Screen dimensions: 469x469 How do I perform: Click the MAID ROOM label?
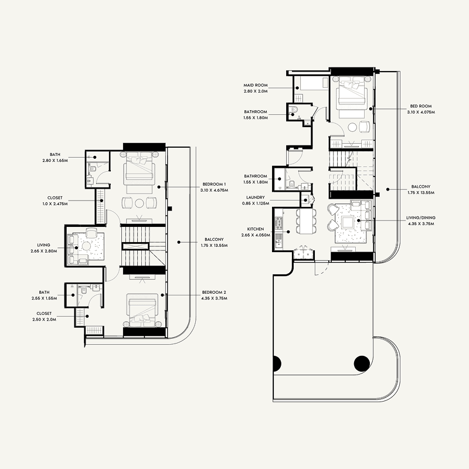tap(256, 85)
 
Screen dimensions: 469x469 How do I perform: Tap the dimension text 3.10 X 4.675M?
tap(214, 190)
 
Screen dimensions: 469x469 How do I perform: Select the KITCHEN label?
tap(256, 229)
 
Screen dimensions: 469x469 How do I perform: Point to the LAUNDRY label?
tap(256, 198)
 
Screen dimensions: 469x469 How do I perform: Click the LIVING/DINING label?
tap(421, 217)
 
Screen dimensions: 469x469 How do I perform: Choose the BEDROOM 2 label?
tap(214, 292)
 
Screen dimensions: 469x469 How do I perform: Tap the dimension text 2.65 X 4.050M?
tap(256, 235)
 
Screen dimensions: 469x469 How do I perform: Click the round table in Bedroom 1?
tap(140, 203)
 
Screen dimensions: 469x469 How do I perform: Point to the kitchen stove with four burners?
tap(279, 223)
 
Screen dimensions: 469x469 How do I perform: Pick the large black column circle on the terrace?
tap(362, 363)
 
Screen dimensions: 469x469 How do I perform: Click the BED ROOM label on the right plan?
tap(421, 106)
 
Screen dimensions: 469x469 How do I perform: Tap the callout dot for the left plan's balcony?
tap(179, 242)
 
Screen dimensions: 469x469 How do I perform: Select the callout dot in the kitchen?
tap(288, 232)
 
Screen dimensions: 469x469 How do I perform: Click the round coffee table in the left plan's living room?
tap(86, 246)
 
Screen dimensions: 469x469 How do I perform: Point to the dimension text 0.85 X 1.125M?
tap(256, 203)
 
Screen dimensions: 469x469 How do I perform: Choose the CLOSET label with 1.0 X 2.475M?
tap(55, 198)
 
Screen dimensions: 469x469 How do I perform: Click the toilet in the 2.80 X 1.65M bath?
tap(92, 169)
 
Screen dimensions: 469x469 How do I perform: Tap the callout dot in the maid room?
tap(297, 88)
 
